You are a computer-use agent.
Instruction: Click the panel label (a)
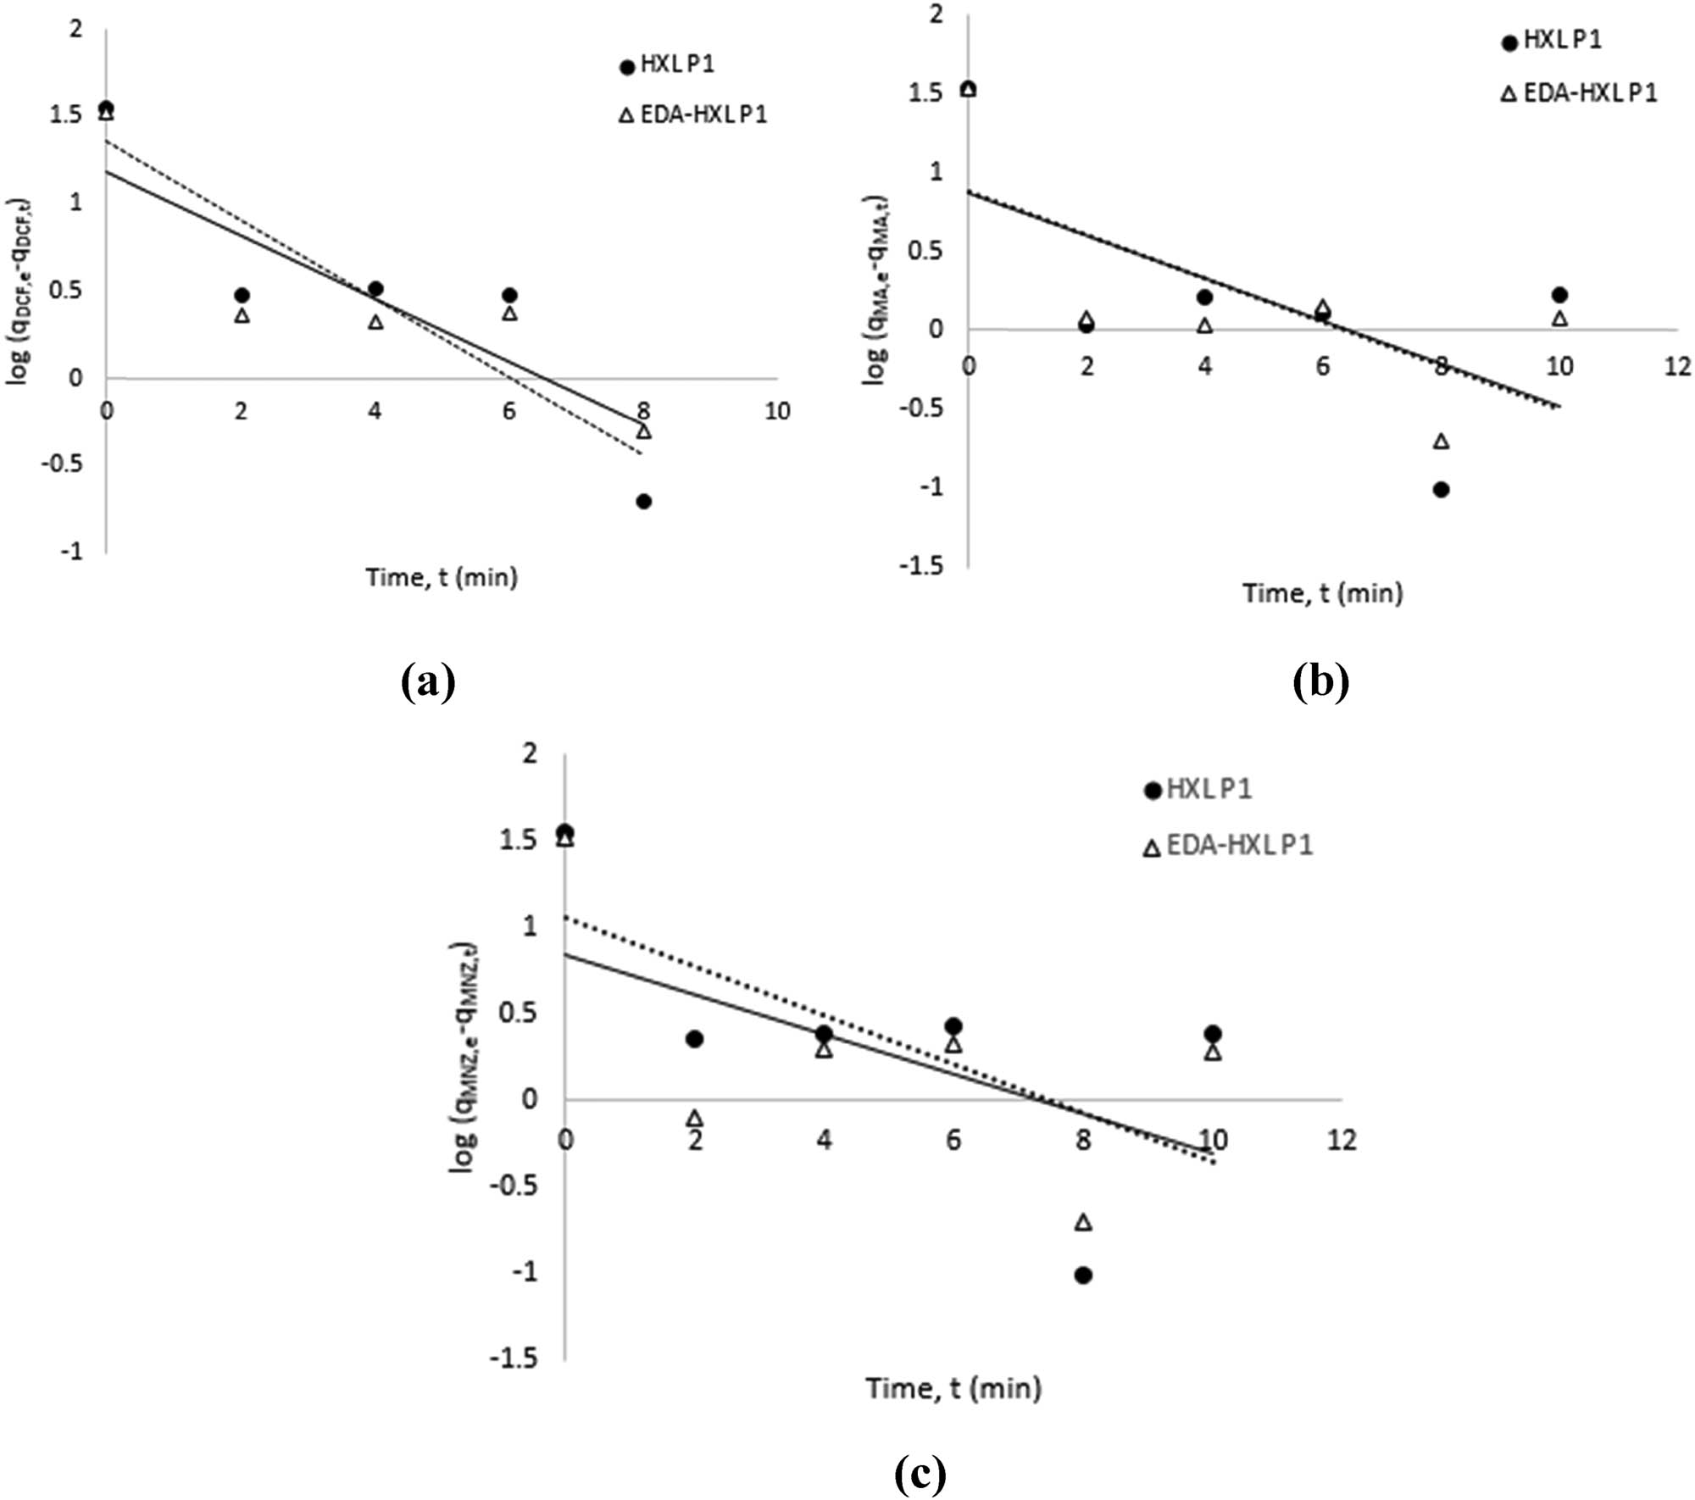click(x=428, y=681)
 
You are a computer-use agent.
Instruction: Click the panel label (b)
click(x=1320, y=681)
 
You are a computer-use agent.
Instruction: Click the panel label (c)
click(x=920, y=1475)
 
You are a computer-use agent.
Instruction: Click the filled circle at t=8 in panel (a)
click(x=643, y=502)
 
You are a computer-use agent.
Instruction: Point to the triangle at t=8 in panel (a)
click(x=643, y=431)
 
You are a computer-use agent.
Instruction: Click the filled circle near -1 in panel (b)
click(x=1441, y=490)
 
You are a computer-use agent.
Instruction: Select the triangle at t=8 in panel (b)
click(x=1441, y=442)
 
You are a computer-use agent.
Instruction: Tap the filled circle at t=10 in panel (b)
click(x=1559, y=295)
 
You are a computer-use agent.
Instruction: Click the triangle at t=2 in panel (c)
click(x=695, y=1119)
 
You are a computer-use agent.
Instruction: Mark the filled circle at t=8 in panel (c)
click(x=1083, y=1275)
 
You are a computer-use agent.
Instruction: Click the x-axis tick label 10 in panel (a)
click(x=776, y=412)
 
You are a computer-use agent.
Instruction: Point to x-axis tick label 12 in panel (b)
click(x=1676, y=366)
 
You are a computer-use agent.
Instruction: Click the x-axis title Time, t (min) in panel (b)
click(x=1322, y=593)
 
